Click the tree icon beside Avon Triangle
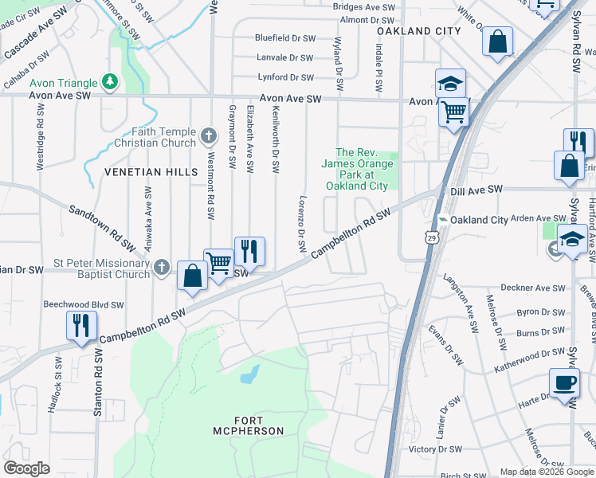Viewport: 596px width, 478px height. [110, 83]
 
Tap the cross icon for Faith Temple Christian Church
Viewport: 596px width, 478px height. [209, 136]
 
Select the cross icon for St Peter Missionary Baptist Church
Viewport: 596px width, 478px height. [162, 268]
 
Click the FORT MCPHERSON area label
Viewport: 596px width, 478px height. [249, 425]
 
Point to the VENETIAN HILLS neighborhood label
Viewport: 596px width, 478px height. [139, 172]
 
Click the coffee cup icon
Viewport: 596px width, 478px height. [564, 382]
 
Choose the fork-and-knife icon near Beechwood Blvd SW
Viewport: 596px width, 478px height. [81, 325]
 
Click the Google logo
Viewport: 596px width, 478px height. [27, 468]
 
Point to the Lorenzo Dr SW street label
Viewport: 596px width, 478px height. [303, 225]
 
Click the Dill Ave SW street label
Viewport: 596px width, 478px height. [476, 190]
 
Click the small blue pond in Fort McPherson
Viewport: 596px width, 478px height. [250, 372]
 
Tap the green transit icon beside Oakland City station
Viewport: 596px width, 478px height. [443, 220]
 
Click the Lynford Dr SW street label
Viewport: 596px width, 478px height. [286, 77]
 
